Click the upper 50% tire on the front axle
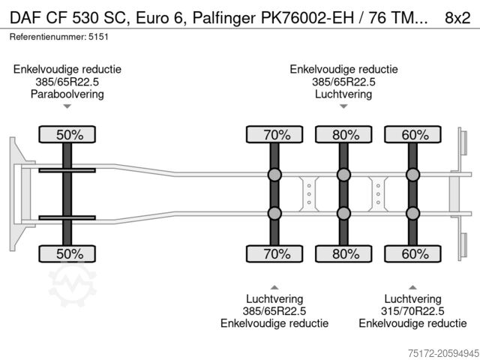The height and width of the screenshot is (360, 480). [67, 135]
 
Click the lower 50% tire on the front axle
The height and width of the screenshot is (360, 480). [67, 253]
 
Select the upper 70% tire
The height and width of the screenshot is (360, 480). [274, 135]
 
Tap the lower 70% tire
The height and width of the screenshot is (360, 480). [274, 253]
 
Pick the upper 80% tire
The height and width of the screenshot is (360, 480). [343, 135]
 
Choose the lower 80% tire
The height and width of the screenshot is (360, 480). [343, 253]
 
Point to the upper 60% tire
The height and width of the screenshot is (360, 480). [413, 135]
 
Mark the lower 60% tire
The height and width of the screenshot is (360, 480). [413, 253]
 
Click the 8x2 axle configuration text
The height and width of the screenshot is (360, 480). [458, 16]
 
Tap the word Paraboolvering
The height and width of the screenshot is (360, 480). [67, 94]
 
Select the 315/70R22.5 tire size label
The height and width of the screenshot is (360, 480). [412, 311]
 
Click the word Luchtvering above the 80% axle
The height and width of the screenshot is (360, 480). [343, 94]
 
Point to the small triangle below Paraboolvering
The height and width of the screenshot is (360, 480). [67, 106]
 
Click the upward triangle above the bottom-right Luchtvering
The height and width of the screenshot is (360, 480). [412, 287]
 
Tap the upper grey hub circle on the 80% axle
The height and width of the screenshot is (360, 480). [343, 175]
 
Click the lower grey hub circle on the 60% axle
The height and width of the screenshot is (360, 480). [413, 213]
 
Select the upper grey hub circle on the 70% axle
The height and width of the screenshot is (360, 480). [274, 175]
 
